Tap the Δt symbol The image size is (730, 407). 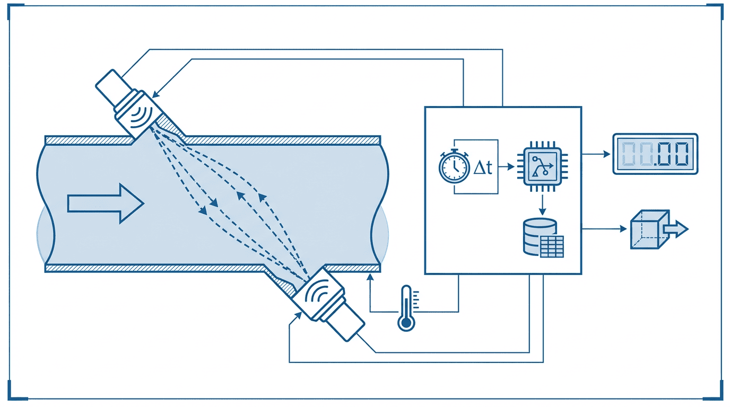[x=483, y=167]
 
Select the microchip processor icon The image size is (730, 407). [x=542, y=166]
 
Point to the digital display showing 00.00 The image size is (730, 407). [x=655, y=154]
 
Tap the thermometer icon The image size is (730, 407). [x=406, y=308]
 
